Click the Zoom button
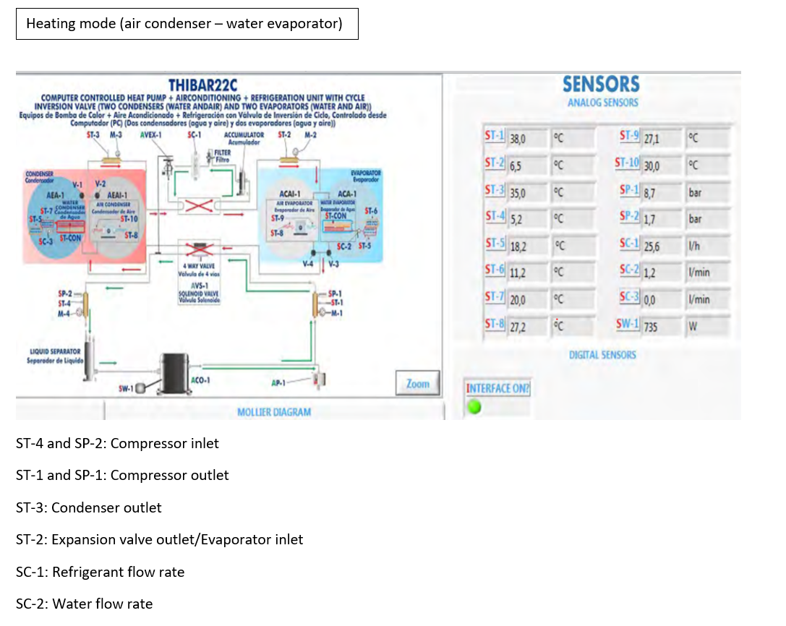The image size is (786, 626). (x=417, y=384)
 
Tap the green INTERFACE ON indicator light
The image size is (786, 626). (x=474, y=407)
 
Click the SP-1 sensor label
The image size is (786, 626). (x=629, y=191)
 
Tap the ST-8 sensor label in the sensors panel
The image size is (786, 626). (x=495, y=325)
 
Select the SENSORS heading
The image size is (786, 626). (x=601, y=85)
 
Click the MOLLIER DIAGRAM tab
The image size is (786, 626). (x=274, y=412)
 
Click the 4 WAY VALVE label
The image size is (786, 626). (x=197, y=266)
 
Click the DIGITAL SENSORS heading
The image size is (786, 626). (x=602, y=354)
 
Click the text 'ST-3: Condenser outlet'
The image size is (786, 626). (x=89, y=507)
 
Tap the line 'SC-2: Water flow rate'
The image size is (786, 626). (x=85, y=604)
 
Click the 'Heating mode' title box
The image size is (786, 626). (x=187, y=24)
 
